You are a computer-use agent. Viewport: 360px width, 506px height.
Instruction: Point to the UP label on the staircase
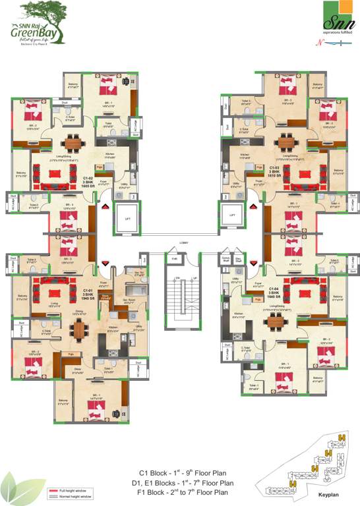(x=194, y=279)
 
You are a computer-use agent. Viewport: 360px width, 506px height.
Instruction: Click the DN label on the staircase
(x=177, y=279)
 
